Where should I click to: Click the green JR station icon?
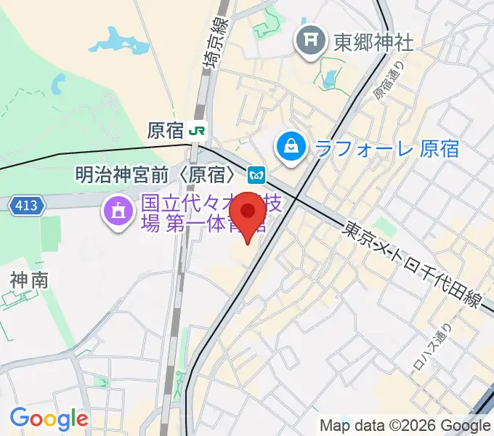point(197,131)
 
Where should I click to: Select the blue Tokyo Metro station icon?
point(256,174)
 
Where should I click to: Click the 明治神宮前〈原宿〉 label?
point(157,174)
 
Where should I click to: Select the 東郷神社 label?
point(373,42)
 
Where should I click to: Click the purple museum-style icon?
point(116,212)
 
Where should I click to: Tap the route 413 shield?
point(26,206)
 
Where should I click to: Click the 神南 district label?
point(29,280)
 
